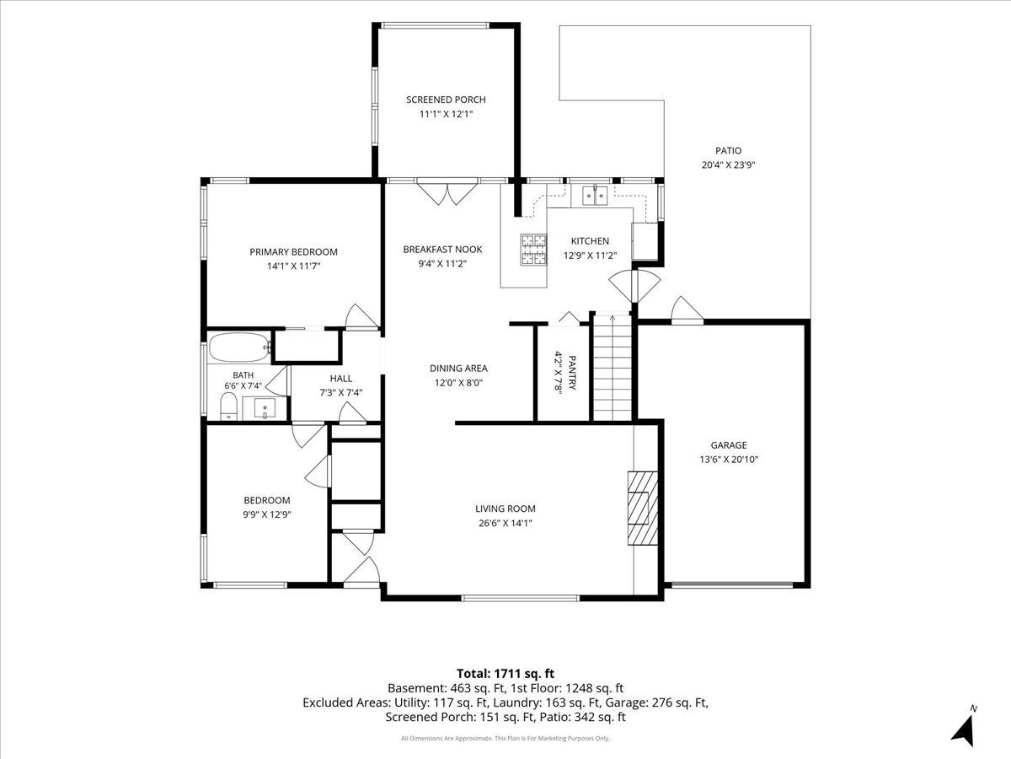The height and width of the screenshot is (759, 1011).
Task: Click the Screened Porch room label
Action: tap(446, 100)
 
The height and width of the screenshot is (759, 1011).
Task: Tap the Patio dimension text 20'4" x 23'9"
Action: tap(728, 165)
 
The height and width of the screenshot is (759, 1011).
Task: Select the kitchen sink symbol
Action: tap(595, 196)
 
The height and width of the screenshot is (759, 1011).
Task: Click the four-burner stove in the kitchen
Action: tap(534, 250)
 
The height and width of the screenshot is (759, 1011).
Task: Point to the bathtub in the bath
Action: tap(239, 347)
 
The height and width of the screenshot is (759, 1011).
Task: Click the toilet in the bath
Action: tap(228, 407)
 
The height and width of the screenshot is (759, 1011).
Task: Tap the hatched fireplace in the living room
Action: tap(643, 508)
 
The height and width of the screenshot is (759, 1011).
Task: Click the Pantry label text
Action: tap(572, 373)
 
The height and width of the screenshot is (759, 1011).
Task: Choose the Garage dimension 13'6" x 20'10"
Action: tap(729, 460)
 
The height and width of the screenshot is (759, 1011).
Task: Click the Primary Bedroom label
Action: tap(293, 252)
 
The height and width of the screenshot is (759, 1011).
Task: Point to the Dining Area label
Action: tap(458, 369)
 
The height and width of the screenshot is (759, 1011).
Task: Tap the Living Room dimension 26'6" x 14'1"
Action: tap(505, 523)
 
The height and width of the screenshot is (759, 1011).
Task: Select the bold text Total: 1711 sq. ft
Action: tap(505, 673)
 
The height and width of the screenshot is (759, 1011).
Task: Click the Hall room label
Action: tap(341, 379)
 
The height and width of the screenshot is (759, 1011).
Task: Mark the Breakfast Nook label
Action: tap(442, 250)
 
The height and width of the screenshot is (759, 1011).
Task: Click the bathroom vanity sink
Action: tap(265, 408)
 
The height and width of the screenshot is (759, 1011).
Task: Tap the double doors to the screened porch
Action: tap(447, 194)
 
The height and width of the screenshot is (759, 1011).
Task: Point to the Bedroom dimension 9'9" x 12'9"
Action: tap(267, 514)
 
